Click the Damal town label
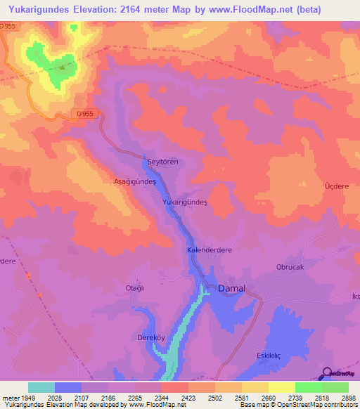click(231, 289)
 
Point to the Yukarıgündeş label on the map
click(185, 202)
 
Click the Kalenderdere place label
click(210, 250)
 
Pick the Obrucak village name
click(289, 267)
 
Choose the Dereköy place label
click(150, 338)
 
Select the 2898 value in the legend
click(348, 398)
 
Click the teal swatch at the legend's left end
click(41, 387)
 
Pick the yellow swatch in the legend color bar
click(281, 387)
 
